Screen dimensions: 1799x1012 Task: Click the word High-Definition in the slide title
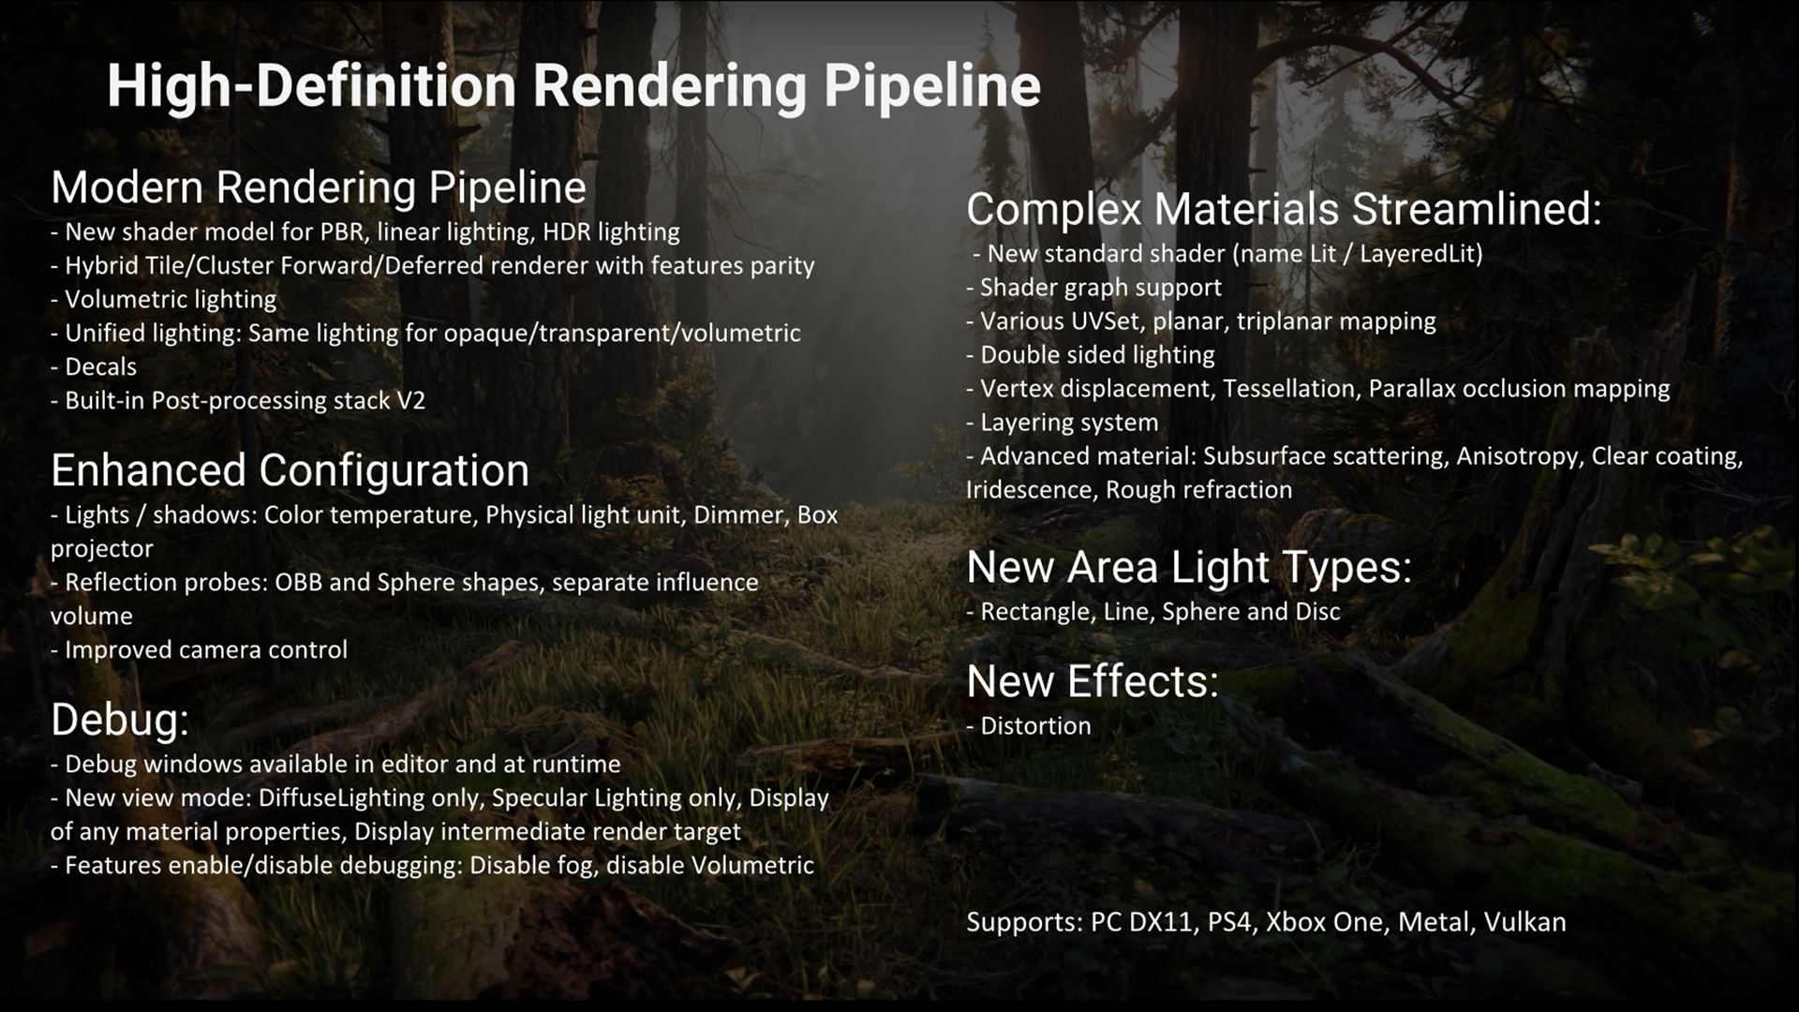pos(312,86)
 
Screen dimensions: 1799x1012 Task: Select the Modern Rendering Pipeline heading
pos(319,187)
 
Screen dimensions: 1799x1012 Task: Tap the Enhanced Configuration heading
pos(290,470)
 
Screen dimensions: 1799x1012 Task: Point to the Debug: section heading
pos(120,720)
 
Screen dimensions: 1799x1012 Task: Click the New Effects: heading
pos(1093,681)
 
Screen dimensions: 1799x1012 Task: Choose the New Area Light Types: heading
pos(1189,568)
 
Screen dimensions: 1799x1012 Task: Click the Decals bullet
pos(94,366)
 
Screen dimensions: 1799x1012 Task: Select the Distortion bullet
pos(1029,726)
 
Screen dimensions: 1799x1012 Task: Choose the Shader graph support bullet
pos(1094,288)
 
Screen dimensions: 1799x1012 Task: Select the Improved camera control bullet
pos(200,650)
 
